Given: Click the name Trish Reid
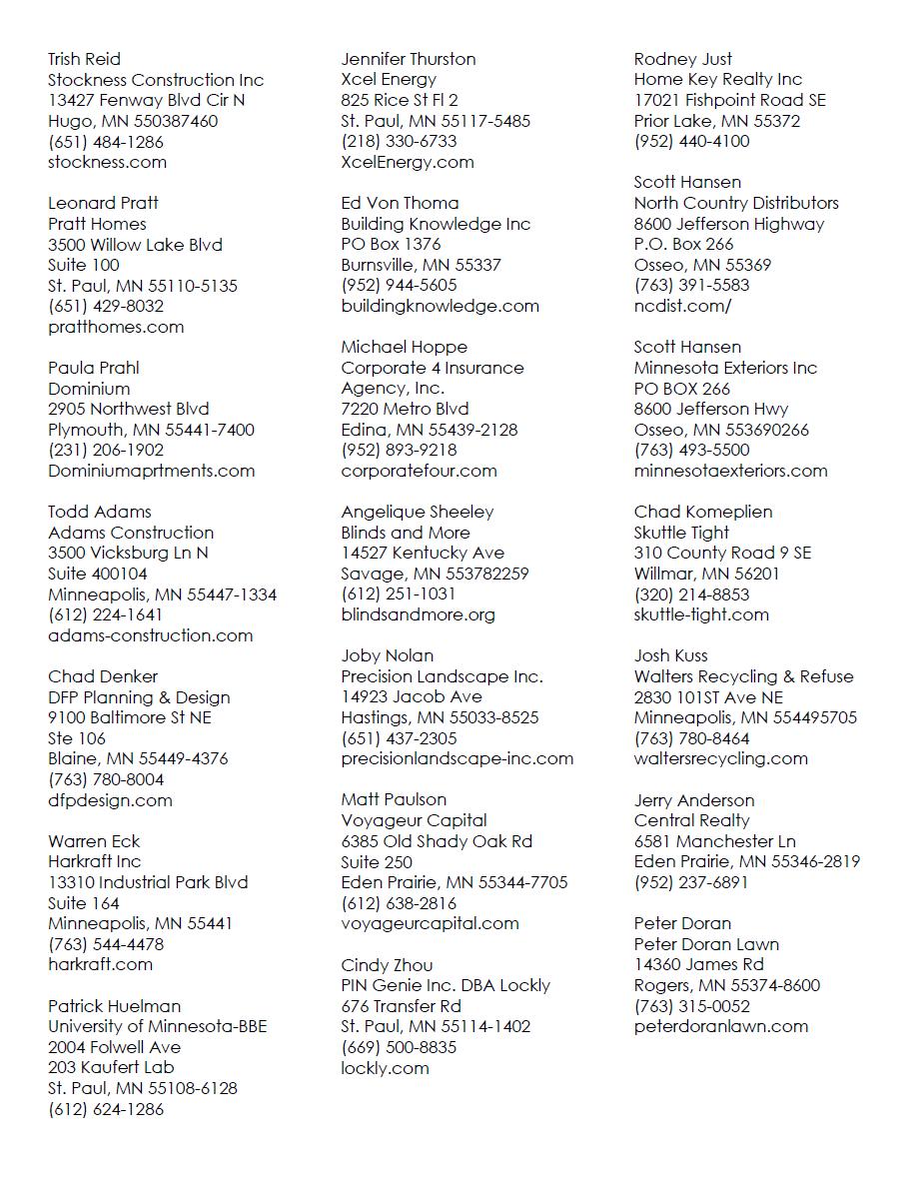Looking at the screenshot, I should (84, 59).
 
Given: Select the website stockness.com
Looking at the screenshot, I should (107, 162).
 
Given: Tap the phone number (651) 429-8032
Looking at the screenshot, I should (106, 306).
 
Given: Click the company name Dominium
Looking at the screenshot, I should (89, 389).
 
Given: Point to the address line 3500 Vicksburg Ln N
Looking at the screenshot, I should (128, 553).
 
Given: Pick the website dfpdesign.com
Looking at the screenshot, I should (110, 800).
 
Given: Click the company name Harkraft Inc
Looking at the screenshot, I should (94, 861).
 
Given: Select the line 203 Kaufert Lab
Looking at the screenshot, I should (111, 1067).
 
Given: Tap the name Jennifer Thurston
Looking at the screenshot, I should (408, 59).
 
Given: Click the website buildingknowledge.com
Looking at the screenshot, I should (440, 306).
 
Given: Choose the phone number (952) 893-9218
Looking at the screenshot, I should (399, 450).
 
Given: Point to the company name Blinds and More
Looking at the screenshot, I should (405, 533).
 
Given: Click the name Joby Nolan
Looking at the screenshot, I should (387, 655).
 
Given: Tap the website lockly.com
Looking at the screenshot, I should (385, 1068).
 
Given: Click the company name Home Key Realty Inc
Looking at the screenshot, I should (718, 79).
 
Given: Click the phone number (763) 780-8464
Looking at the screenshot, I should (691, 738).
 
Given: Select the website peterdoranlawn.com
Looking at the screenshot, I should (721, 1026).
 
